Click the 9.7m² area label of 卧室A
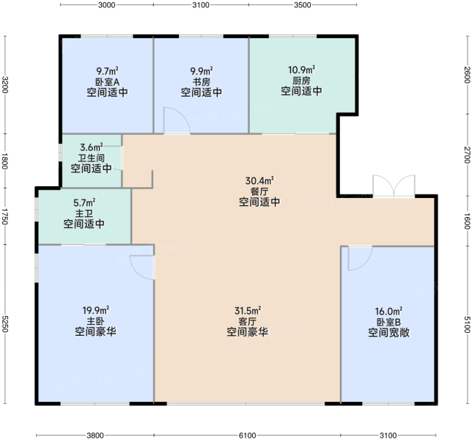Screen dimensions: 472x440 [x=107, y=71]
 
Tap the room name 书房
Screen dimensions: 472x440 [x=202, y=82]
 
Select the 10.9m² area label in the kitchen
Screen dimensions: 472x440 [x=302, y=70]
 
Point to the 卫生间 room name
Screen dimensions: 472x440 [x=91, y=158]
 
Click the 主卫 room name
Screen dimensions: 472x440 [x=84, y=213]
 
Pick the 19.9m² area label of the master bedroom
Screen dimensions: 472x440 [x=96, y=310]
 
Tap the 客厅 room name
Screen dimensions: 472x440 [x=248, y=321]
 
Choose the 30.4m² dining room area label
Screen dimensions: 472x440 [x=259, y=180]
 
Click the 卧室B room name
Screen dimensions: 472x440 [x=388, y=322]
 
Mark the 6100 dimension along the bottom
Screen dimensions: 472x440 [x=247, y=435]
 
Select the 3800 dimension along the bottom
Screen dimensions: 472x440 [x=95, y=435]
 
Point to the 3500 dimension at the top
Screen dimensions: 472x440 [x=303, y=5]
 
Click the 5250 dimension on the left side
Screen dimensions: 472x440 [x=4, y=323]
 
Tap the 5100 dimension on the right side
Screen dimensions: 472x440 [x=467, y=324]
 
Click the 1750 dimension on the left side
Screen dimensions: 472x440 [x=4, y=216]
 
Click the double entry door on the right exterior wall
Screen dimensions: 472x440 [x=394, y=186]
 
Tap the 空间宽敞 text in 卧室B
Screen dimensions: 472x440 [x=388, y=332]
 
